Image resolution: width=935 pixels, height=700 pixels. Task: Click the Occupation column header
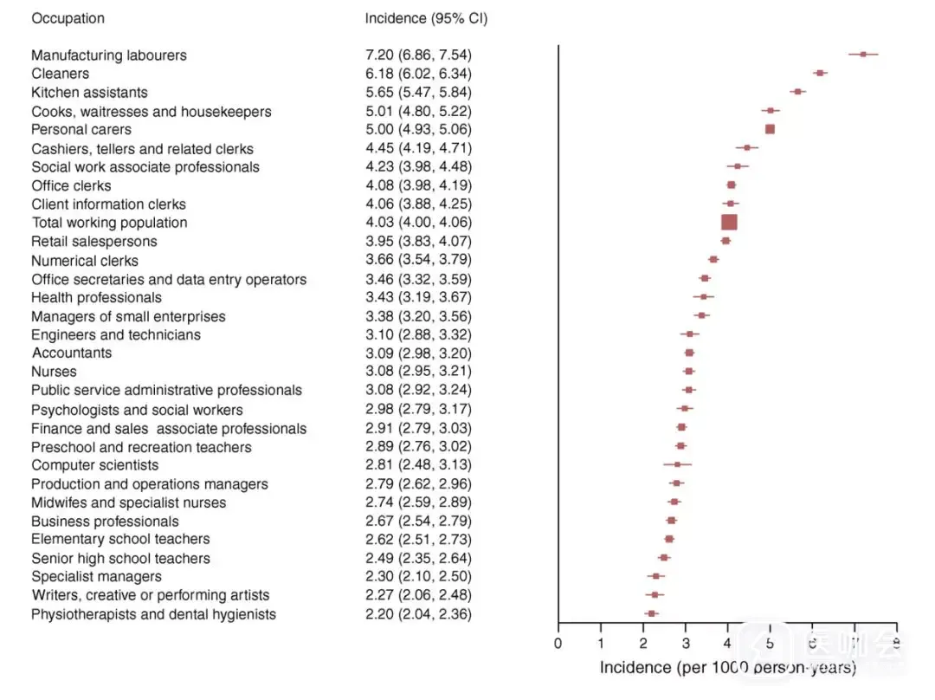coord(68,18)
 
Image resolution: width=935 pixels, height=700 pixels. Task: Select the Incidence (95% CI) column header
coord(426,18)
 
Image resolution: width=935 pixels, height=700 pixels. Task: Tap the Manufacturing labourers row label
coord(109,55)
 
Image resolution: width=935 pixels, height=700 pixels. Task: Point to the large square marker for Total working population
coord(729,222)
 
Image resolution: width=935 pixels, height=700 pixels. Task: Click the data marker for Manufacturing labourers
coord(863,54)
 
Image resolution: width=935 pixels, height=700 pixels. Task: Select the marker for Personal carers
coord(770,129)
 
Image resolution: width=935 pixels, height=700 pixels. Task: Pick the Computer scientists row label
coord(95,465)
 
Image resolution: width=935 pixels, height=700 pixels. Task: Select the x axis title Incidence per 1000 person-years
coord(727,668)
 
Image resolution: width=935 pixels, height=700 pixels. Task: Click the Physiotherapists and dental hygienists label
coord(154,614)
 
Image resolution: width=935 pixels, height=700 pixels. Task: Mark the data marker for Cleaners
coord(820,73)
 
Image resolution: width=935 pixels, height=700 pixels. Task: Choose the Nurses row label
coord(54,372)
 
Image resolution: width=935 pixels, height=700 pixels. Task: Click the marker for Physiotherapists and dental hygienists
coord(651,613)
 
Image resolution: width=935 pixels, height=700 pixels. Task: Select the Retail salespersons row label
coord(94,241)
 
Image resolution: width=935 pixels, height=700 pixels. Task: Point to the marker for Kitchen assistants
coord(797,91)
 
